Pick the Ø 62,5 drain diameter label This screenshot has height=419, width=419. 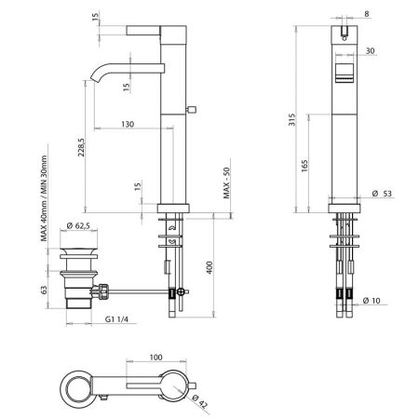[83, 227]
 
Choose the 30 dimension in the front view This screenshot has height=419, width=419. [372, 51]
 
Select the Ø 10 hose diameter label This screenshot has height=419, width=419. [375, 300]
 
